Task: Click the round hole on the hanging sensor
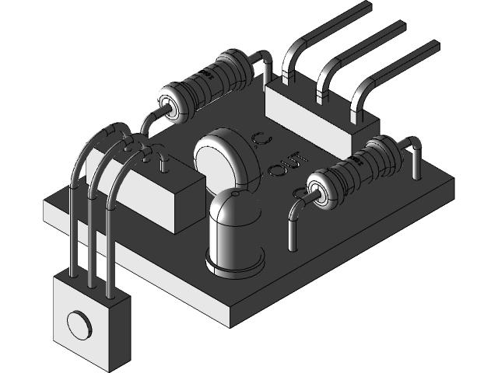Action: pyautogui.click(x=79, y=322)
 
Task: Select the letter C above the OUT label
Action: pyautogui.click(x=261, y=141)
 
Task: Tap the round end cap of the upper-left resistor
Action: pyautogui.click(x=170, y=106)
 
